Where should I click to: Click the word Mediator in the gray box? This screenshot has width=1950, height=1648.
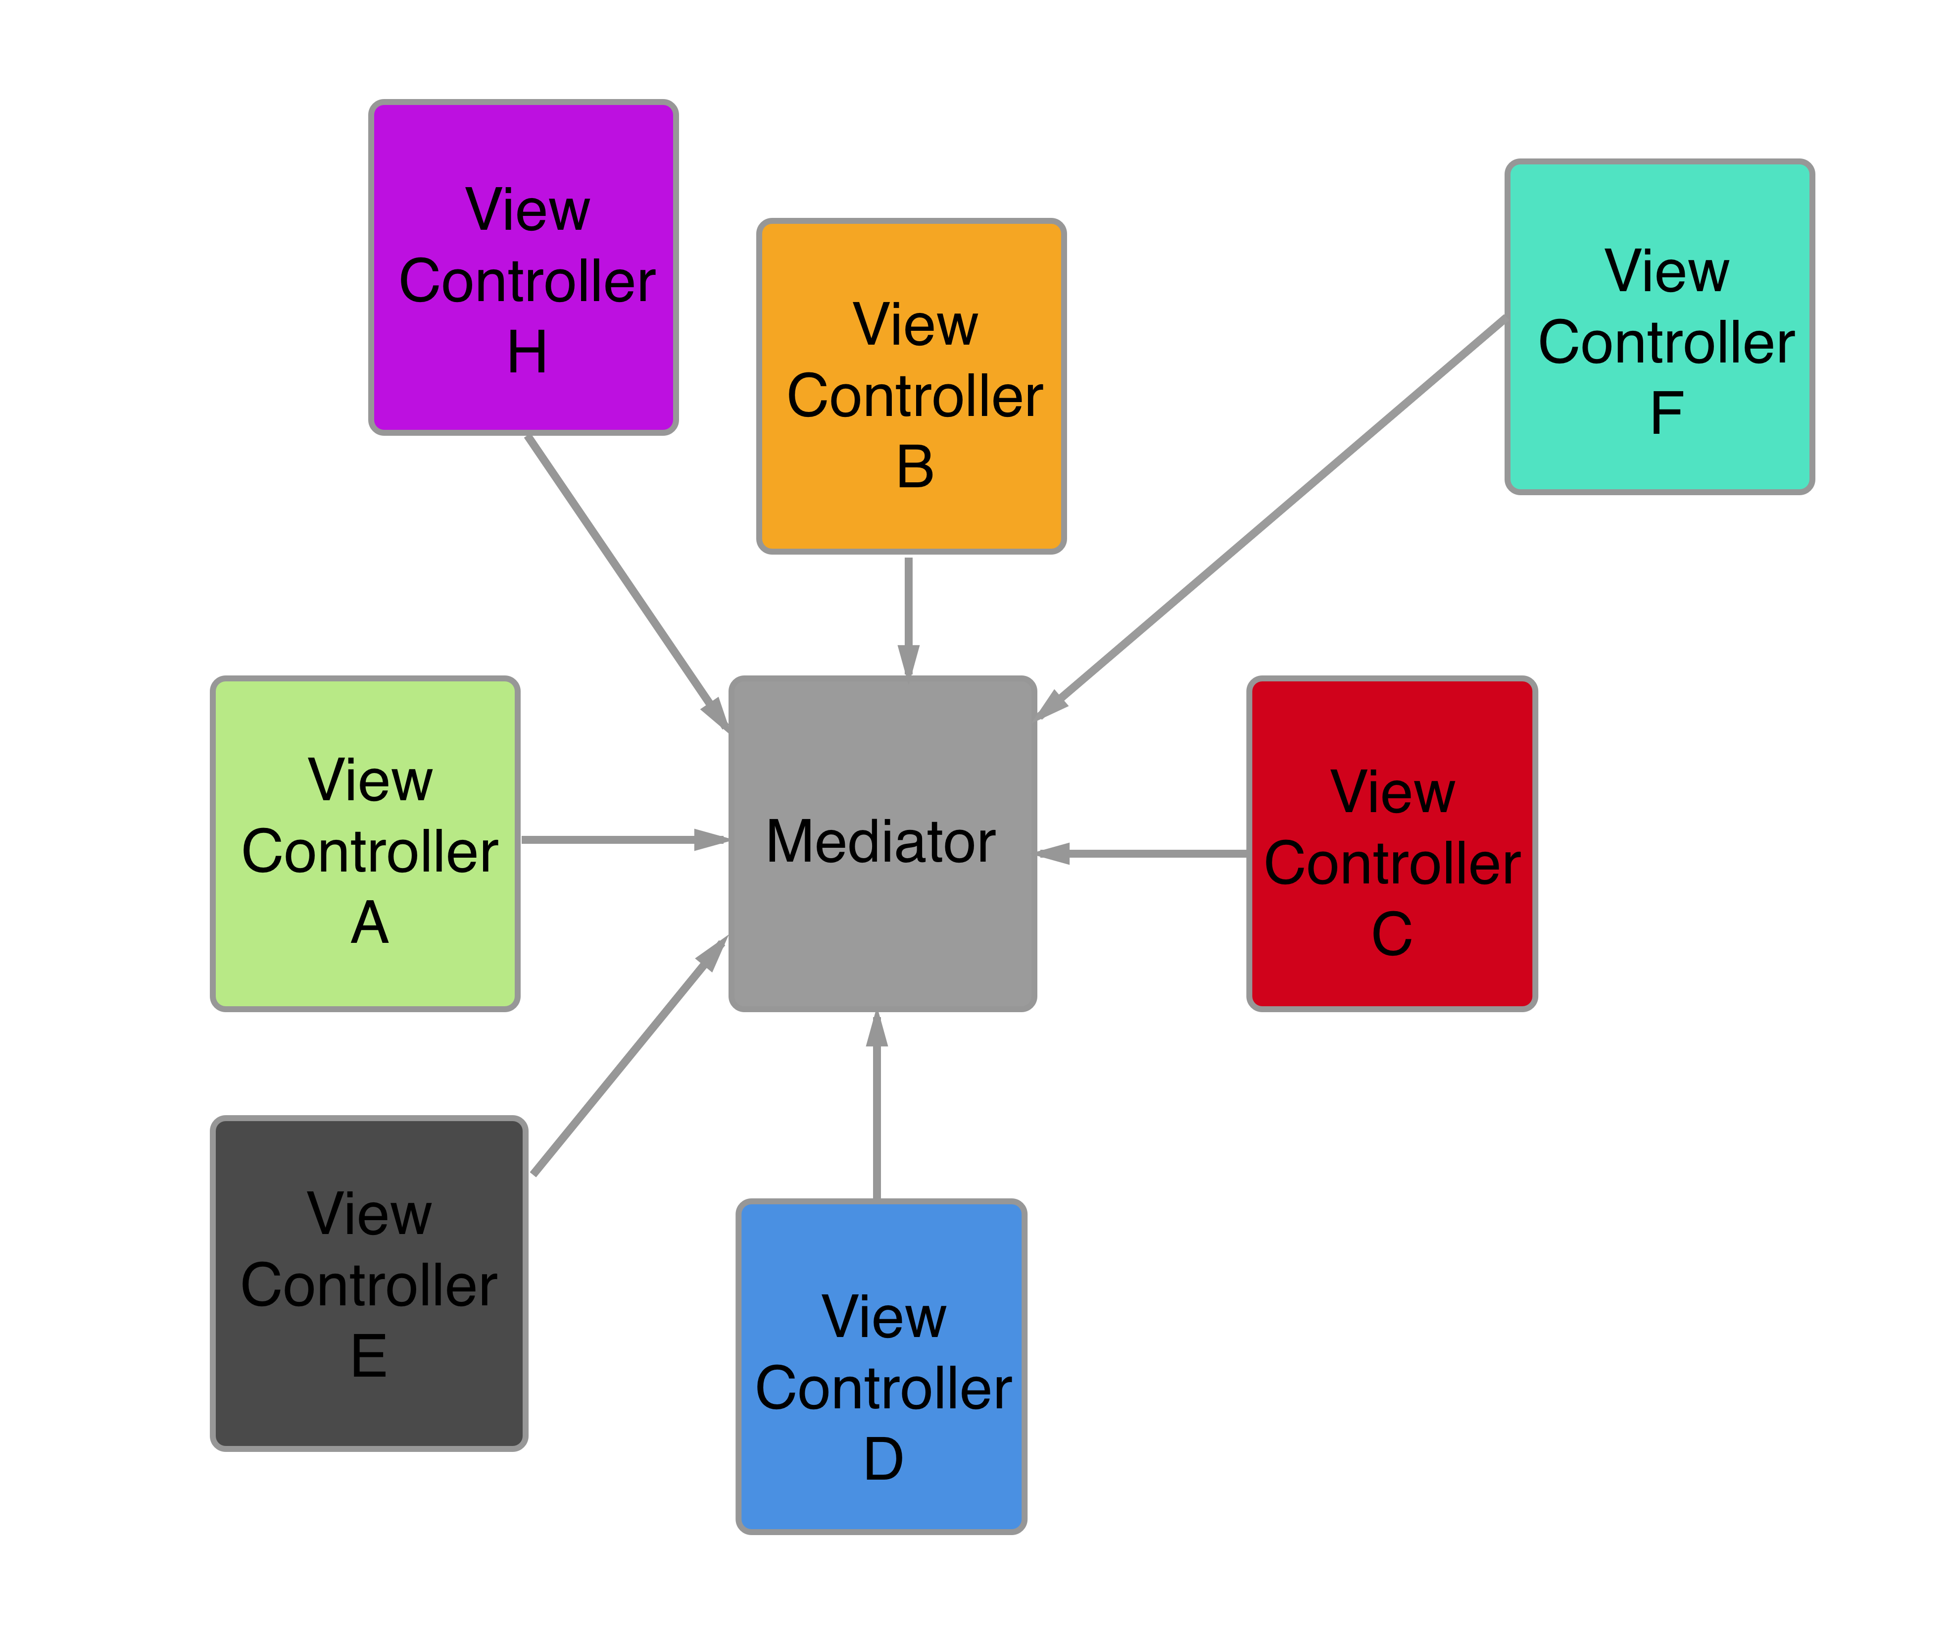[x=880, y=841]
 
